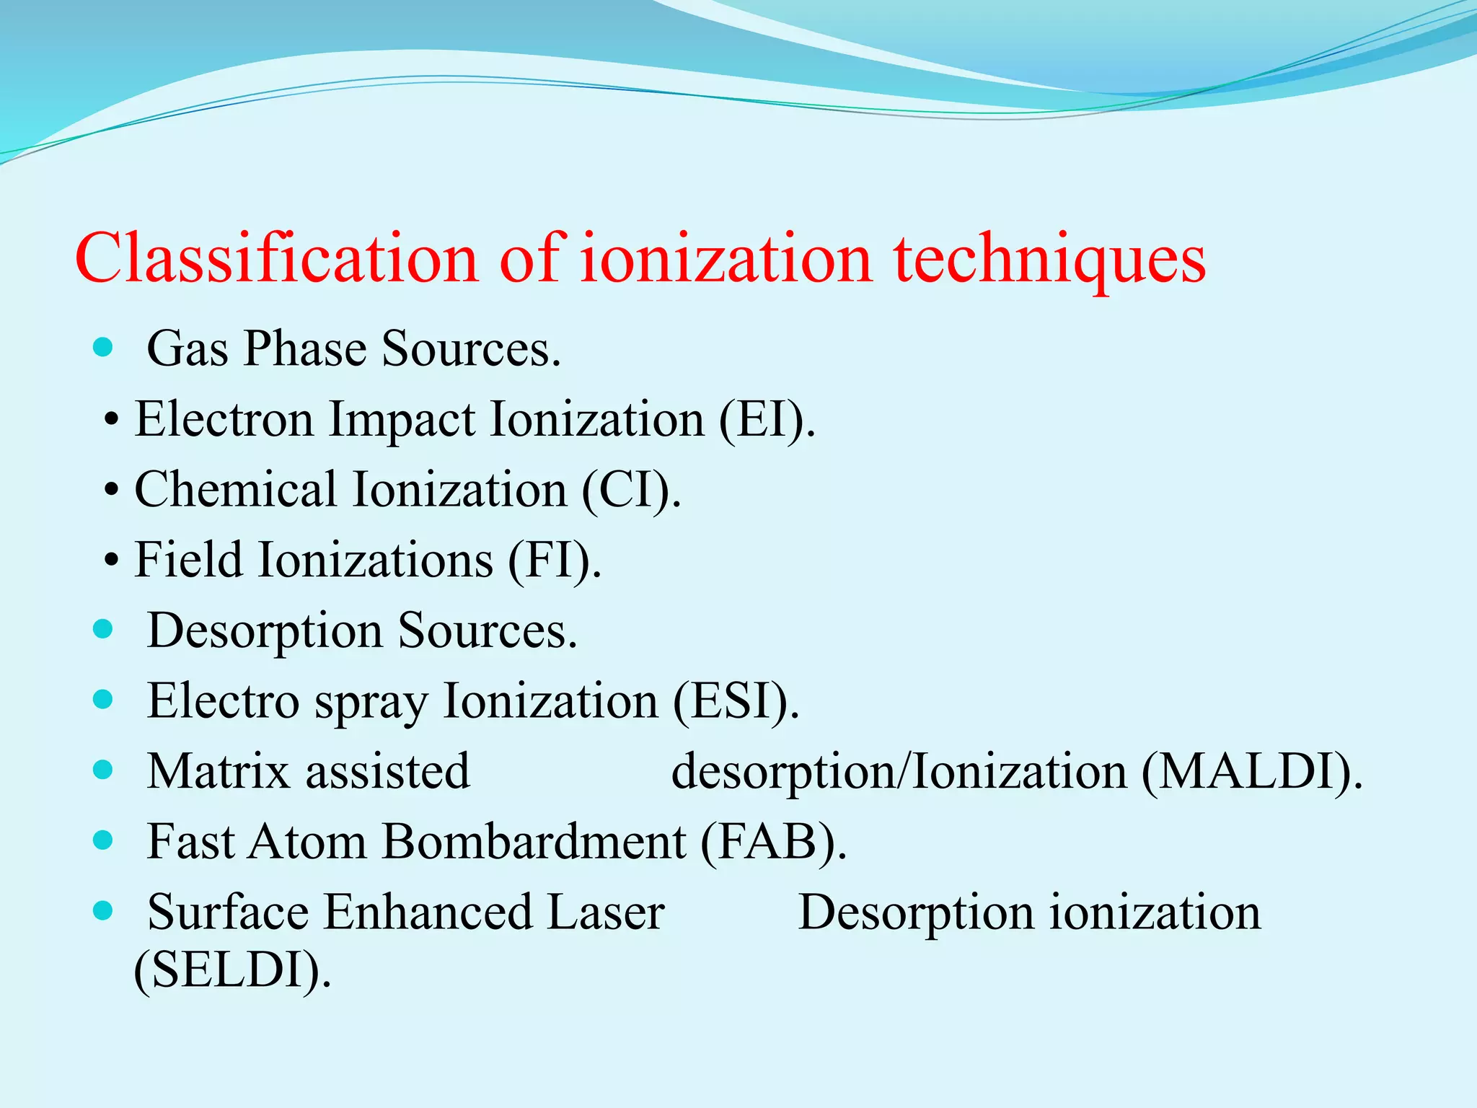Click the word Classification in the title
click(277, 258)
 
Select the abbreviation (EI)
click(766, 419)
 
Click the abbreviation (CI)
click(630, 490)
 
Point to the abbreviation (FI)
click(554, 560)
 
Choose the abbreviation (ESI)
click(736, 700)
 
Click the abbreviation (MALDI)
click(1251, 771)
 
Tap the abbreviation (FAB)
click(773, 841)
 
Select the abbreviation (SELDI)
click(232, 969)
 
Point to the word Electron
click(224, 419)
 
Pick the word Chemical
click(235, 490)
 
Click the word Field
click(188, 560)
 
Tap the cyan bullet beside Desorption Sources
click(104, 630)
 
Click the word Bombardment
click(534, 841)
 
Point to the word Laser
click(606, 912)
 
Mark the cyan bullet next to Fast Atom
click(104, 840)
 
